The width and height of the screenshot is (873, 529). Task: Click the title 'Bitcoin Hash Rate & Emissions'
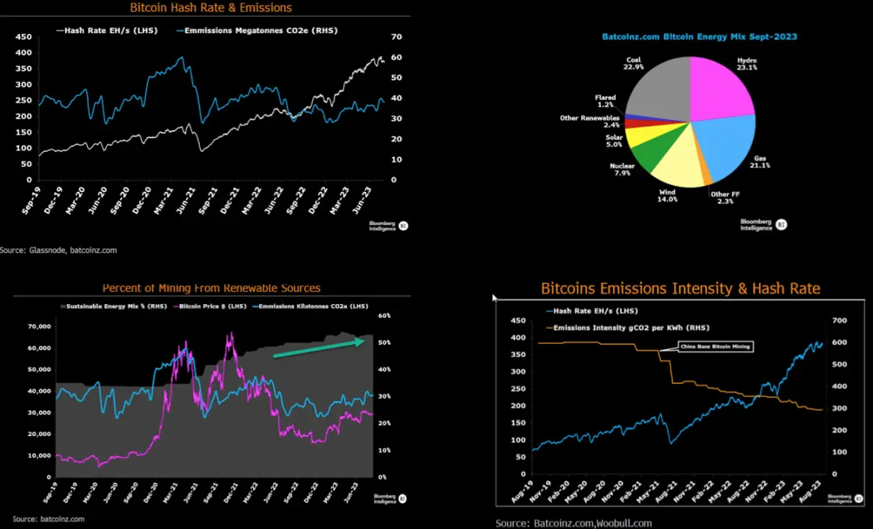tap(211, 8)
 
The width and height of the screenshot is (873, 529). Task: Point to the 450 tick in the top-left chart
tap(24, 37)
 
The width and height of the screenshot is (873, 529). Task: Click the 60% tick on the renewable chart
tap(384, 316)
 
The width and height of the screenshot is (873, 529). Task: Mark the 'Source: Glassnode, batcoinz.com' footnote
tap(59, 250)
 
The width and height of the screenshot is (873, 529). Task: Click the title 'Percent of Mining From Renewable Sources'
tap(211, 288)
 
